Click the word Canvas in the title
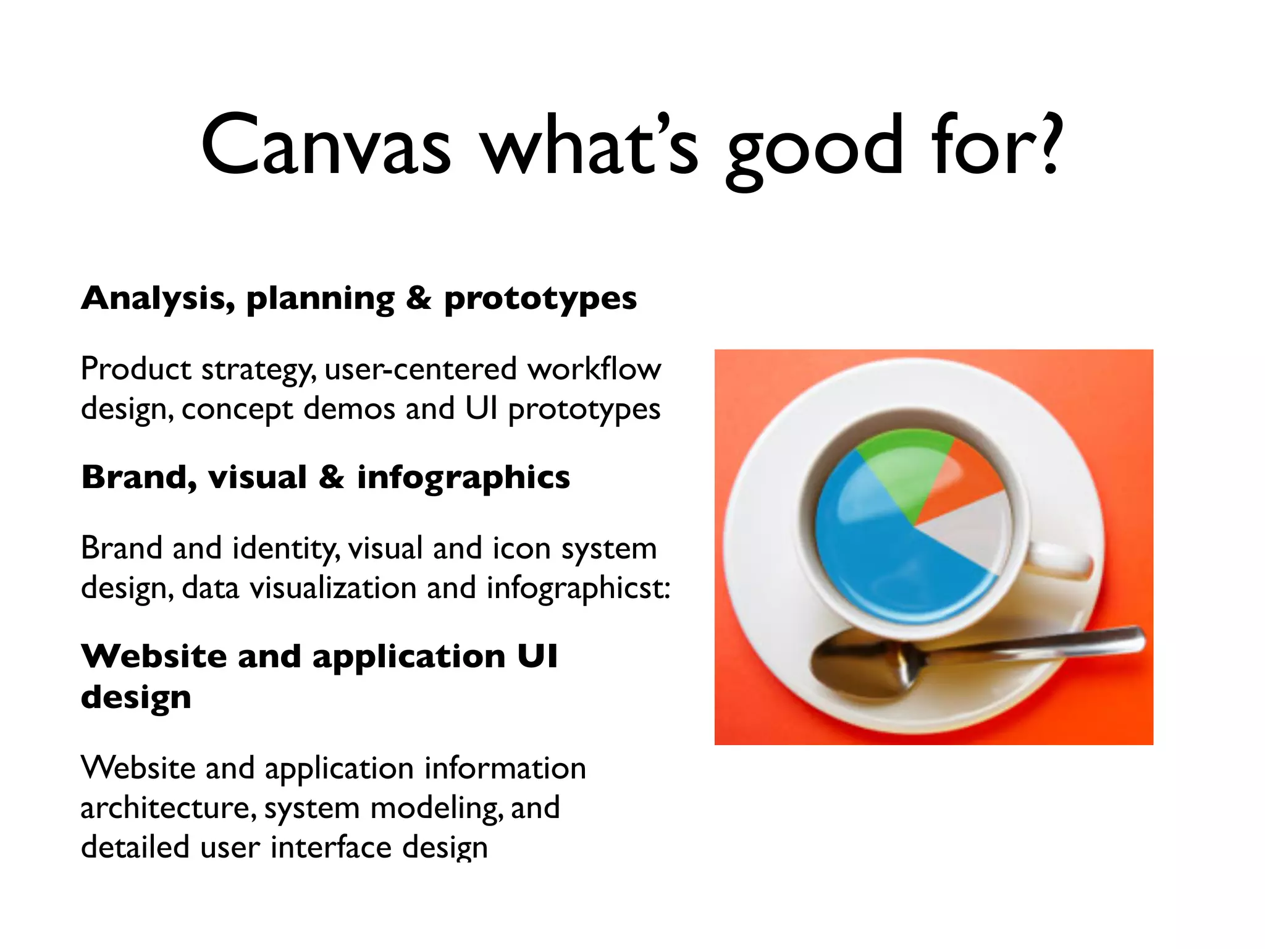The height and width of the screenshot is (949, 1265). [326, 145]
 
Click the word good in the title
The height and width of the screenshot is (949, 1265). [814, 148]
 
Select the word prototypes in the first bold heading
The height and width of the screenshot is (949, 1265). [540, 299]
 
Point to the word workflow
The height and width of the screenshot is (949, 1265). [594, 369]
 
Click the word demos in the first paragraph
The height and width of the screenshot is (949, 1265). [349, 409]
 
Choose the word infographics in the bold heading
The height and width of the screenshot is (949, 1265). [463, 478]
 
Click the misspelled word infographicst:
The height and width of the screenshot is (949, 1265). [578, 588]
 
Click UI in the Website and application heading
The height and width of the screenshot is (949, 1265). [537, 656]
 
